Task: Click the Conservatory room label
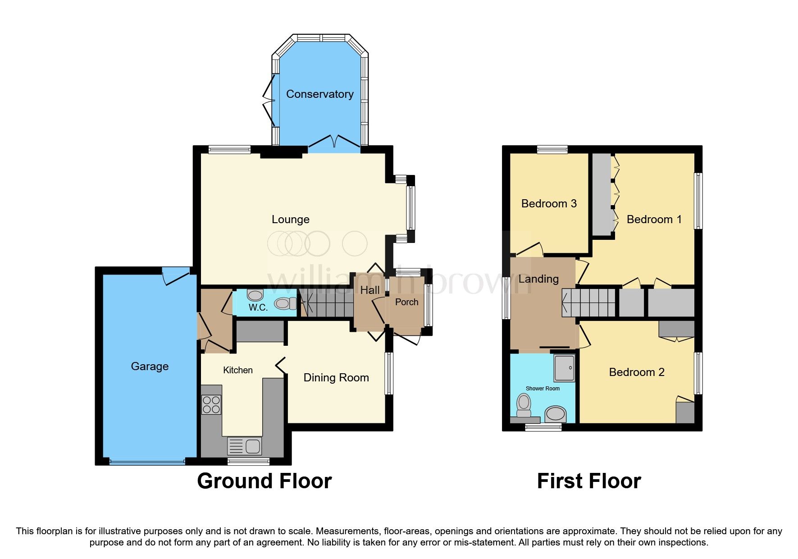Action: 319,94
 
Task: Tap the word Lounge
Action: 290,220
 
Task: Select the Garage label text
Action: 150,367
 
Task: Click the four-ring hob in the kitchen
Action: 211,404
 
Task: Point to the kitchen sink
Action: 245,446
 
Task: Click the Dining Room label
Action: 336,378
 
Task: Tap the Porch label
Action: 406,302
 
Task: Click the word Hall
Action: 370,290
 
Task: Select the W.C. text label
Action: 258,307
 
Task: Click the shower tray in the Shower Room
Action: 565,367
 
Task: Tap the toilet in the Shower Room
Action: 524,405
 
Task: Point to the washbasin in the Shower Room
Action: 555,414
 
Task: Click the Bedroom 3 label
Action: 548,204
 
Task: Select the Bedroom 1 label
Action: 654,220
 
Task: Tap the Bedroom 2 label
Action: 636,372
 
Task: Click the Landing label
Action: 538,279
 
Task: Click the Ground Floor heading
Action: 264,481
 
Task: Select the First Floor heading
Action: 588,481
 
